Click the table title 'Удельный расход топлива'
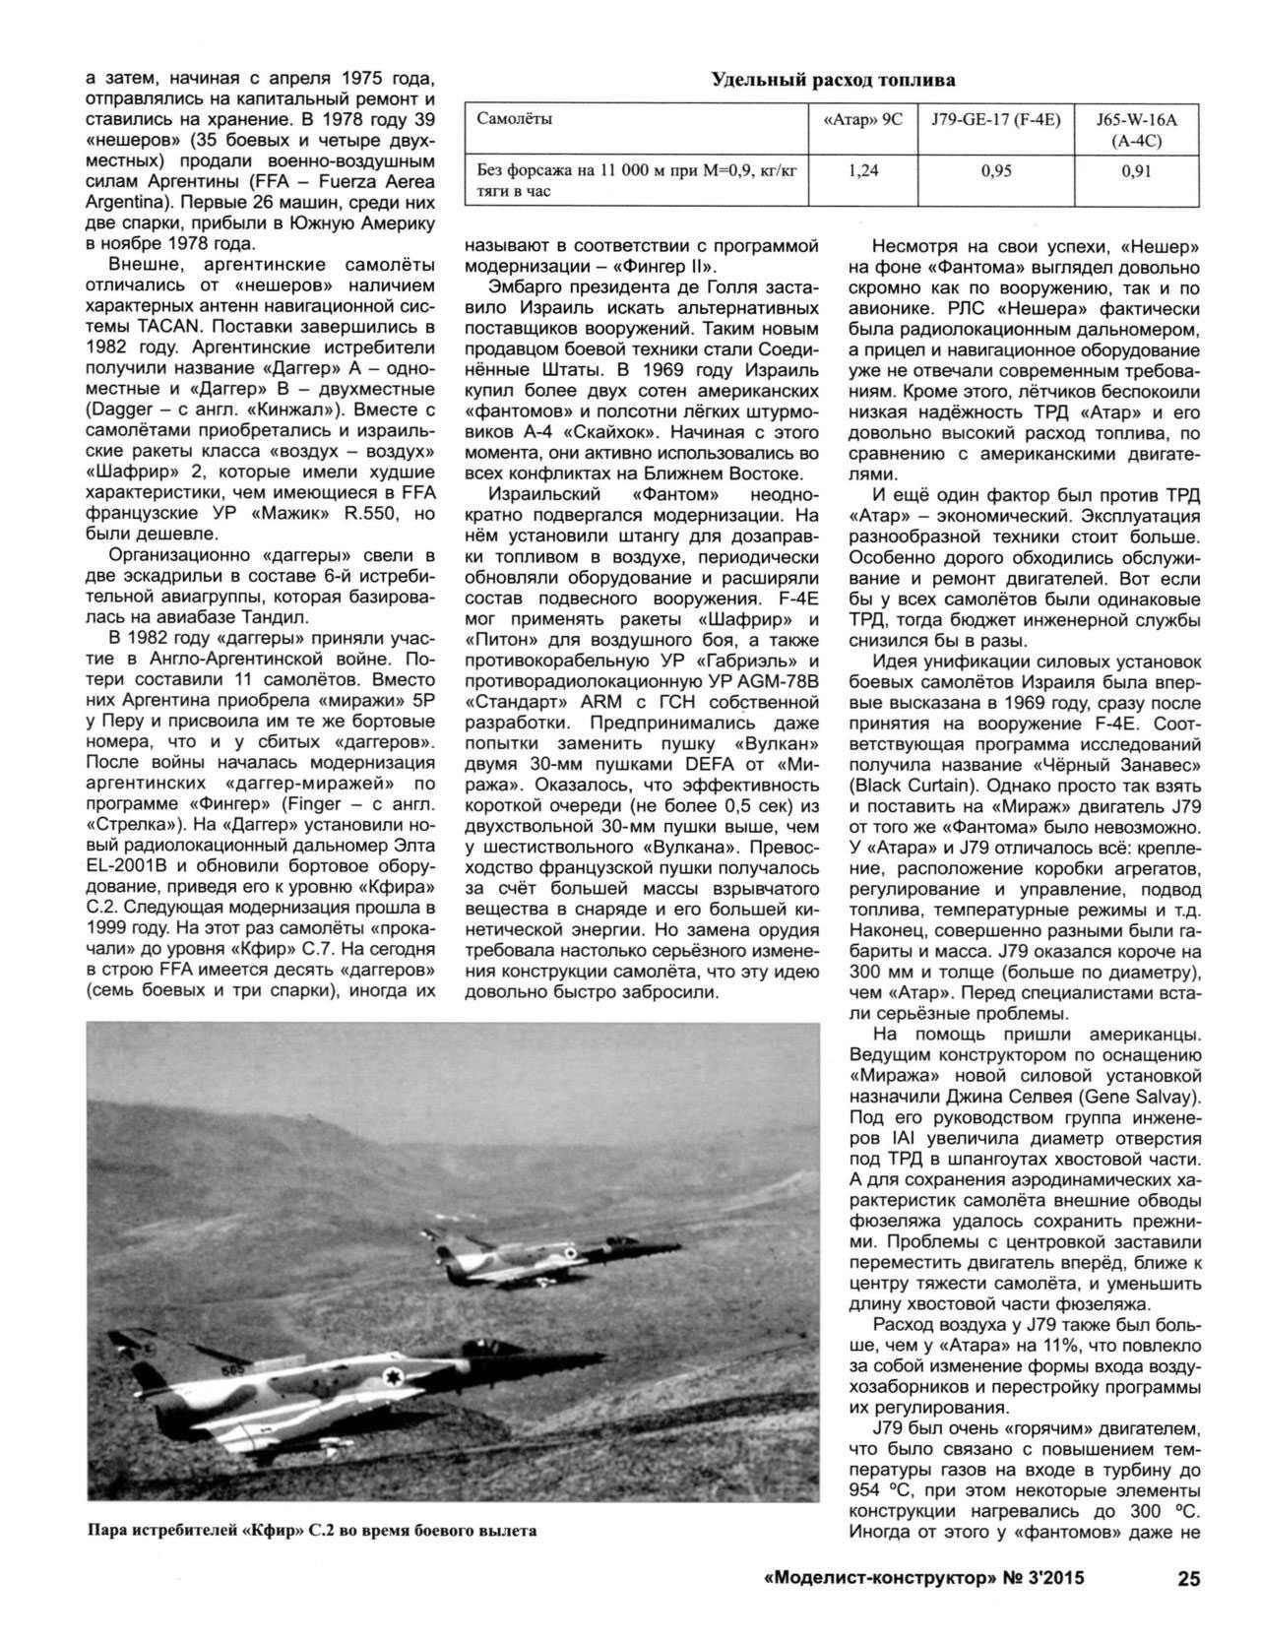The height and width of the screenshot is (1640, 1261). [x=832, y=80]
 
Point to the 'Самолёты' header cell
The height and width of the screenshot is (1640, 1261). [x=513, y=120]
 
